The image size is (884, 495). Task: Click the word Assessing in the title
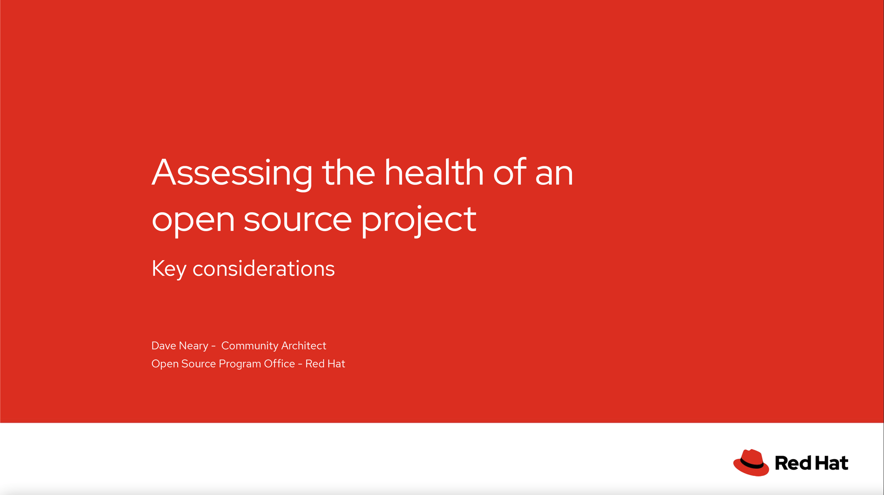point(232,173)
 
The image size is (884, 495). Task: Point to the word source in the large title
point(297,220)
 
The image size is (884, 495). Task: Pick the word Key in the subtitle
point(169,269)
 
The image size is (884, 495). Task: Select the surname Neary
point(194,346)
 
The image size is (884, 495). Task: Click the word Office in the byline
point(279,364)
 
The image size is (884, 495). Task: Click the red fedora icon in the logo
point(751,463)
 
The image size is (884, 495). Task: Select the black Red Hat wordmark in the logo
point(812,463)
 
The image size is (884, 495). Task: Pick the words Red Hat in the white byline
point(325,364)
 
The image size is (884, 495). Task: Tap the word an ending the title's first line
point(554,175)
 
